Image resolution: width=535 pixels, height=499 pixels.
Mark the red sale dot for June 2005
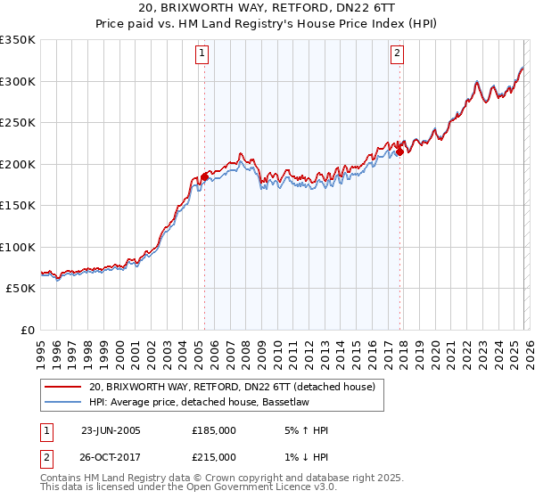tap(204, 176)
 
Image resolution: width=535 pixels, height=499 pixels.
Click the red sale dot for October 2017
tap(399, 151)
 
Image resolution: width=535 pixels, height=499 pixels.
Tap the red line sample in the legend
tap(62, 387)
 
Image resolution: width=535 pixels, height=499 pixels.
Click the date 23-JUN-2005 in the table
tap(111, 430)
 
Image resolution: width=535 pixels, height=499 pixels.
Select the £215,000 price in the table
tap(214, 457)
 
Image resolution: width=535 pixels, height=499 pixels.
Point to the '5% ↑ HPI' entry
tap(305, 430)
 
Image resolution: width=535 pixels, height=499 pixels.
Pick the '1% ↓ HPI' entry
tap(305, 457)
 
